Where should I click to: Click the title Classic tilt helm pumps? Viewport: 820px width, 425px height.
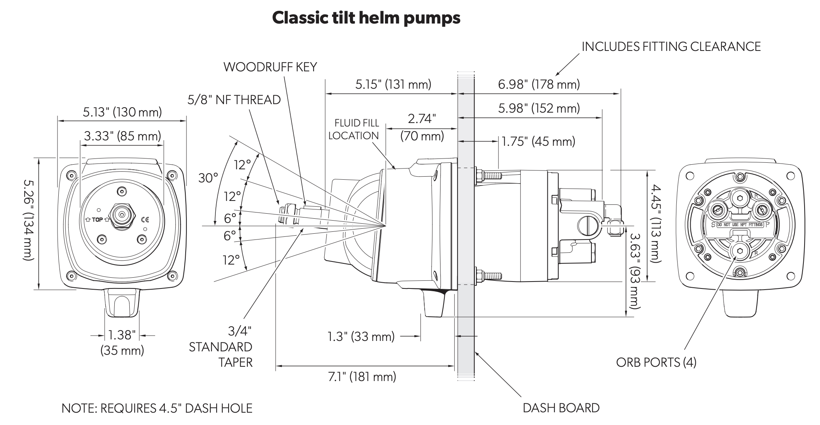366,18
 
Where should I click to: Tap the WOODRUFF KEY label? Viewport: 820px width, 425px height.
270,67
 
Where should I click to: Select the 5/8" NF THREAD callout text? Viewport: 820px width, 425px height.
234,100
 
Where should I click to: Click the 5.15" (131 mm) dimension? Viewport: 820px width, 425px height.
393,84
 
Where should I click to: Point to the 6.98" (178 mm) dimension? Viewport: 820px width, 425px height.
539,84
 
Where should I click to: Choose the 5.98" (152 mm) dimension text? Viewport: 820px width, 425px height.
539,108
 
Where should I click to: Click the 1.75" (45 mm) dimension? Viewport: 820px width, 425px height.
538,142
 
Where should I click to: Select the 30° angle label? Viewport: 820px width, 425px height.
208,178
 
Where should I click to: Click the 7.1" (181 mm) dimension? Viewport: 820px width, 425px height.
362,376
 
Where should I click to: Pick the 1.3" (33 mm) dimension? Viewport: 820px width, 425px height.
361,336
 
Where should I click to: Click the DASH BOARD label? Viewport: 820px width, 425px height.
561,408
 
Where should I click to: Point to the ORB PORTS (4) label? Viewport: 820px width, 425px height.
656,362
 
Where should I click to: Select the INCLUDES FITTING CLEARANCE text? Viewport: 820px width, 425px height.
671,46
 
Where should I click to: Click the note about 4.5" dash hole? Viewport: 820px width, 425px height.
157,408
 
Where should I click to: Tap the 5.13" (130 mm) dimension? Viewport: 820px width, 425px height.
122,112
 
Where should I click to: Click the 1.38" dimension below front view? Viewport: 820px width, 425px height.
122,335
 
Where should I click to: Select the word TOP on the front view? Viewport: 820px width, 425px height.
97,220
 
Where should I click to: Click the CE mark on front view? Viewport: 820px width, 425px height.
145,220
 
